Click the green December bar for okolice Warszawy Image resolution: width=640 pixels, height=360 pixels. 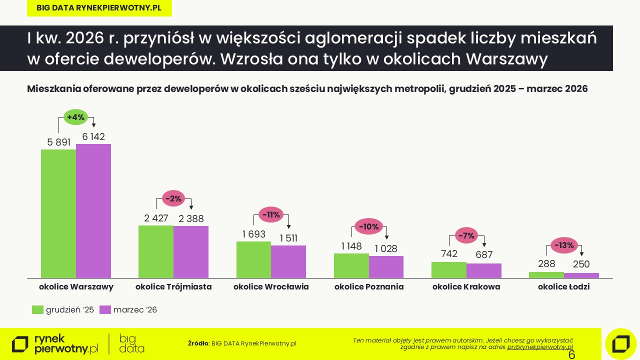(58, 213)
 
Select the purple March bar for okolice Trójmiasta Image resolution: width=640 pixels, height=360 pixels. (191, 251)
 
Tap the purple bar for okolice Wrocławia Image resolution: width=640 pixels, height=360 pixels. (288, 261)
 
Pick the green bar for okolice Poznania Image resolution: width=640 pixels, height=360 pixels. (351, 265)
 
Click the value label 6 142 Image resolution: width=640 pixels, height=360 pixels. (93, 137)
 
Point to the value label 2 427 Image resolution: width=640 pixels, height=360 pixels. (156, 218)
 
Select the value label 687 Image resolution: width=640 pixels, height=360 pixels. (484, 254)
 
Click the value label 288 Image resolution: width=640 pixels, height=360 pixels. (546, 263)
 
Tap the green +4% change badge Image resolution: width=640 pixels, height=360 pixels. (76, 117)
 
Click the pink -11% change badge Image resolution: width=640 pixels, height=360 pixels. (271, 215)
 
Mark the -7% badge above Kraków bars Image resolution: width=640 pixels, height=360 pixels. (467, 235)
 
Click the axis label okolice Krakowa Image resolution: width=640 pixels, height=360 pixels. (466, 287)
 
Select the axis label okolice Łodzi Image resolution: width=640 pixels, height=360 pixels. (564, 287)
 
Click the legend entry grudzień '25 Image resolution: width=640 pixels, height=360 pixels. (63, 310)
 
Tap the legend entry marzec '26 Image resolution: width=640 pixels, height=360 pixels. (129, 310)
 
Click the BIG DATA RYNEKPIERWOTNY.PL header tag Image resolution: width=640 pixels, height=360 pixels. (99, 8)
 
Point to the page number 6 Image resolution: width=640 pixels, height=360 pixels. (572, 355)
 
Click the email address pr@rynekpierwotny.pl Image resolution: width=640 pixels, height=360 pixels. (540, 347)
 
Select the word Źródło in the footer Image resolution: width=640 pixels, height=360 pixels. (198, 343)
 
